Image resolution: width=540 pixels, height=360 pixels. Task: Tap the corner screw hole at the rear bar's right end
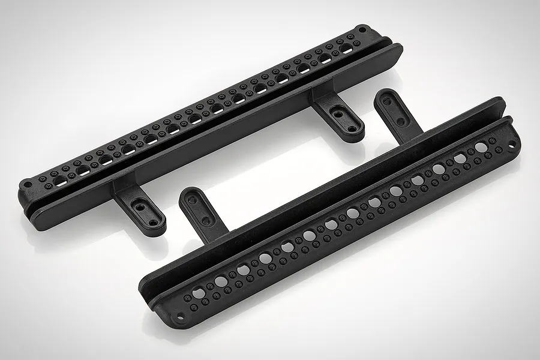pos(362,28)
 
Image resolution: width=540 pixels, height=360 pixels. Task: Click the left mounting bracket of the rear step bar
pos(140,208)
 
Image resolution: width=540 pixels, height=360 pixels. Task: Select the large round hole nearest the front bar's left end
pos(199,293)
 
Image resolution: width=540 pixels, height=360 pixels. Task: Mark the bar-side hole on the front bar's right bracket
pos(400,121)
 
